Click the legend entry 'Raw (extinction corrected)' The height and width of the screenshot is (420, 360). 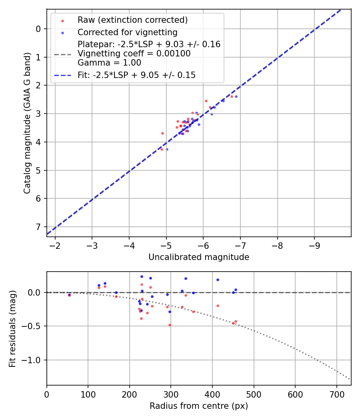point(132,20)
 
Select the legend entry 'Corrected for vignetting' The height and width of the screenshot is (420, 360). point(127,32)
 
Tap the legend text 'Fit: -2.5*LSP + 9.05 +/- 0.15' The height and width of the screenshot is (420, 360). point(136,75)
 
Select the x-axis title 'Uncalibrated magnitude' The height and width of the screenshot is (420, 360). point(199,257)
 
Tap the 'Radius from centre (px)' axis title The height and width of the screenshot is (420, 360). point(199,406)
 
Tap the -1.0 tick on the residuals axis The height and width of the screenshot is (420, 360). point(34,360)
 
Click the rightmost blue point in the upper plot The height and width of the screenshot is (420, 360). point(236,96)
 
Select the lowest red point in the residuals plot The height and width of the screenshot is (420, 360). point(170,325)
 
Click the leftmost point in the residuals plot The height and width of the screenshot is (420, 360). point(69,295)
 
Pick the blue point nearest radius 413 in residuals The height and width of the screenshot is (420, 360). point(218,280)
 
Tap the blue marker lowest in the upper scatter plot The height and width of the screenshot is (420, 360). point(167,149)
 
